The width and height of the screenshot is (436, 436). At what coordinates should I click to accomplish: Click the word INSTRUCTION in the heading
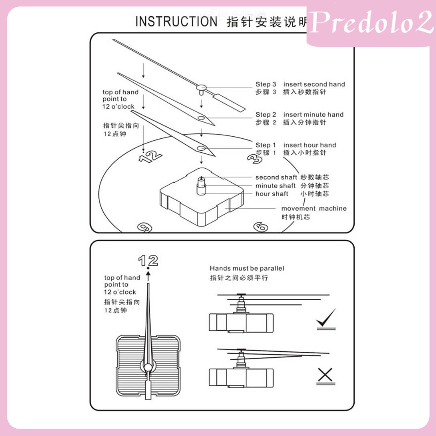(176, 22)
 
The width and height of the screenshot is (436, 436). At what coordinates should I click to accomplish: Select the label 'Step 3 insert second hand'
(300, 84)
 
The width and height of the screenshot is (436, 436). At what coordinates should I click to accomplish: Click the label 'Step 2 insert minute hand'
(299, 115)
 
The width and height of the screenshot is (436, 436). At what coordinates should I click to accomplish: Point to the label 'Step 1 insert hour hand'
(295, 145)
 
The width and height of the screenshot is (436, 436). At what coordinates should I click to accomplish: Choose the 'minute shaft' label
(275, 186)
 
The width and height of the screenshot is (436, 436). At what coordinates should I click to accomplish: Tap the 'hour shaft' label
(272, 194)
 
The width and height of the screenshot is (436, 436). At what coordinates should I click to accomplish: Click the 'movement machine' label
(314, 209)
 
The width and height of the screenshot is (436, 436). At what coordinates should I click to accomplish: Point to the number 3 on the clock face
(254, 158)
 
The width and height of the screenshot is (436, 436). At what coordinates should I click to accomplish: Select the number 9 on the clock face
(145, 227)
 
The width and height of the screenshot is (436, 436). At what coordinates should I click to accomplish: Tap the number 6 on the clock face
(261, 227)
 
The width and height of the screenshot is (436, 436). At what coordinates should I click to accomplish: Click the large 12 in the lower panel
(148, 260)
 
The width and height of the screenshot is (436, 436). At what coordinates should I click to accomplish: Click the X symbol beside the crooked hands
(325, 375)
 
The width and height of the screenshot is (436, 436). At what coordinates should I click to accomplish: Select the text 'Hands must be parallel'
(247, 268)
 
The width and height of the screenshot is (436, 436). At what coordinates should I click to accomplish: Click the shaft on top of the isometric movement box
(201, 185)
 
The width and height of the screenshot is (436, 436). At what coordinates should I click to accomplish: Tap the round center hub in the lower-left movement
(148, 367)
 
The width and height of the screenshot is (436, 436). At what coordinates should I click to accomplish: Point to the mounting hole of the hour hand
(201, 148)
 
